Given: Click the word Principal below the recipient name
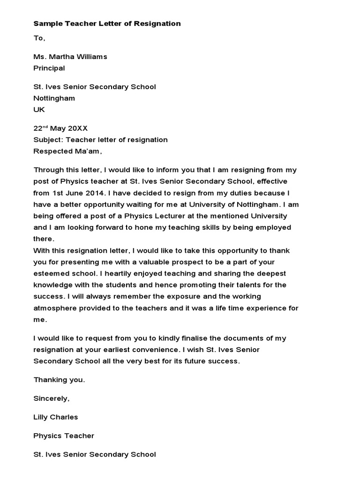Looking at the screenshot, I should pos(49,68).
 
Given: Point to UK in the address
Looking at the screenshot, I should pos(39,110).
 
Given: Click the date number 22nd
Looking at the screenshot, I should pos(40,128).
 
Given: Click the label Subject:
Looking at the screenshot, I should pos(48,140).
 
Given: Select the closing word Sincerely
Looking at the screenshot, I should pos(51,398).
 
